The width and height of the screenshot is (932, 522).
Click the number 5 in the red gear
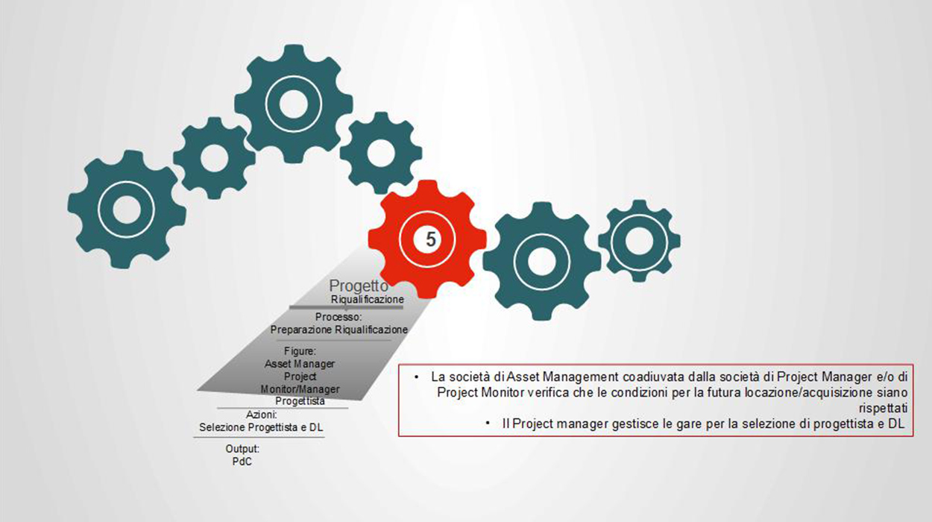(429, 239)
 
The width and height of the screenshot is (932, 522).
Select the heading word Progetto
(359, 286)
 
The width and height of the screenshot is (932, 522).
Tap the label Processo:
(338, 317)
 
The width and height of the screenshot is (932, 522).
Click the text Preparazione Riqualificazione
(339, 329)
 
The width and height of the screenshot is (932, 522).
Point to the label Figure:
(300, 351)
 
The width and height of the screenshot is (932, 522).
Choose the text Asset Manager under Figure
(300, 364)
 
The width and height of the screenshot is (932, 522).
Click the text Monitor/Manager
(300, 389)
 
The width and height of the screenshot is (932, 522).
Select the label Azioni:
(262, 415)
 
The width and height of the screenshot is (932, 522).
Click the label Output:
(242, 449)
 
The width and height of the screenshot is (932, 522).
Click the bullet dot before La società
(418, 377)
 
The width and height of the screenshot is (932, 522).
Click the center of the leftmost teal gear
(126, 209)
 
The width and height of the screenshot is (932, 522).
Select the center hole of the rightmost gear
(639, 240)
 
